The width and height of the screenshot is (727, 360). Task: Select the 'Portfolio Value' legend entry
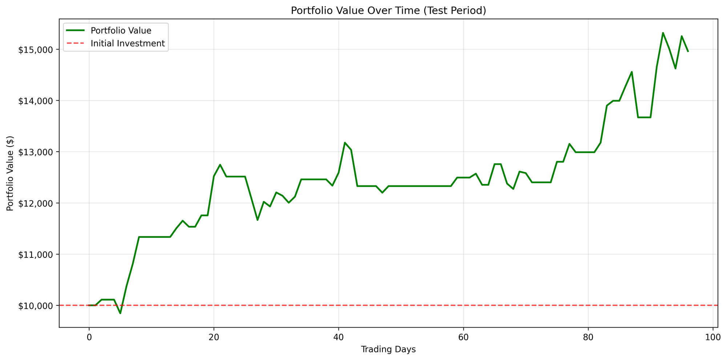[x=121, y=31]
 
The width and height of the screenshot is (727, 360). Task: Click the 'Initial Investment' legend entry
[x=128, y=44]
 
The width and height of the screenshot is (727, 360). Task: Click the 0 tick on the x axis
[x=89, y=336]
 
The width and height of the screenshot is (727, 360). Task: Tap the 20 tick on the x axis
[x=214, y=336]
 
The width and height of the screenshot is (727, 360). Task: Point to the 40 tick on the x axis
[x=338, y=336]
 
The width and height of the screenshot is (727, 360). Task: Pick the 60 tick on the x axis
[x=463, y=336]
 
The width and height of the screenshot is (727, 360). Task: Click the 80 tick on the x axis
[x=588, y=336]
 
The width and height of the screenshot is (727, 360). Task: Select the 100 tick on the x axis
[x=713, y=336]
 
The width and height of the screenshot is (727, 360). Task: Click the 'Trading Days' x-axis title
[x=388, y=350]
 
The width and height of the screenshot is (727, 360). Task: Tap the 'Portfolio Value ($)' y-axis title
[x=11, y=173]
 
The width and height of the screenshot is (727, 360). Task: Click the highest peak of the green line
[x=663, y=33]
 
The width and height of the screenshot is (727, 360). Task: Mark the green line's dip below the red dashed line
[x=120, y=313]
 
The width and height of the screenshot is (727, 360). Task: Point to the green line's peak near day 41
[x=345, y=143]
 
